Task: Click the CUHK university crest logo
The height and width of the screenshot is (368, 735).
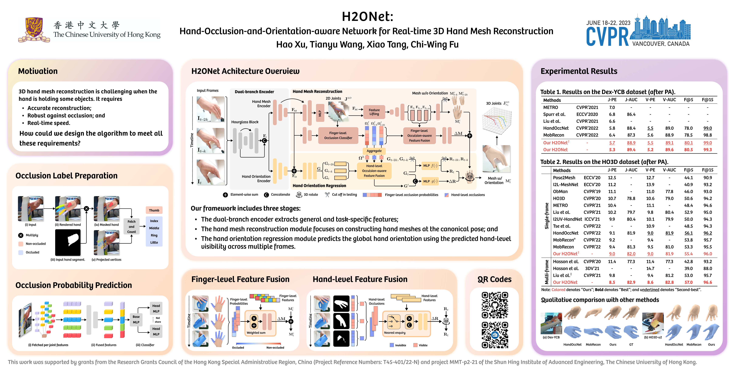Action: [34, 30]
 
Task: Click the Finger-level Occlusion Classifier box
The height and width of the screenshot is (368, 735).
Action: [338, 135]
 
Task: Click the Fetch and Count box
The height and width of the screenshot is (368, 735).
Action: [132, 227]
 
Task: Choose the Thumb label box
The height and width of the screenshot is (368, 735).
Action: [154, 210]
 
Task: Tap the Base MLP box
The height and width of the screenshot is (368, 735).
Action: [136, 319]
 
